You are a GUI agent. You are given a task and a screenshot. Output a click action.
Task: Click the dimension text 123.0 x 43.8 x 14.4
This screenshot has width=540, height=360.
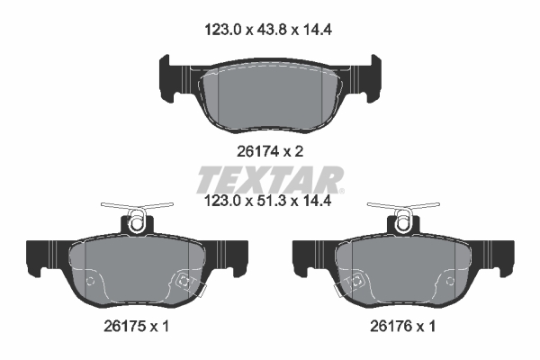click(x=268, y=30)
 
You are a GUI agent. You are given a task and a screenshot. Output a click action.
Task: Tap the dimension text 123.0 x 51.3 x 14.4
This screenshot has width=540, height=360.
click(x=267, y=201)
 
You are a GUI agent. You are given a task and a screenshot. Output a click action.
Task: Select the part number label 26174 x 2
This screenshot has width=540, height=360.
click(x=270, y=151)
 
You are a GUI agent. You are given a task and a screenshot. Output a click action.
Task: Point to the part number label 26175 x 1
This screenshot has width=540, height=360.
click(x=137, y=326)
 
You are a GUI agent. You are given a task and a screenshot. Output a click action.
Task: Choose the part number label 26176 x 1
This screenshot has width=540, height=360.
click(x=402, y=326)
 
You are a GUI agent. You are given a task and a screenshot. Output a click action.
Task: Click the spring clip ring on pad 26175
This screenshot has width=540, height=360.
click(x=136, y=223)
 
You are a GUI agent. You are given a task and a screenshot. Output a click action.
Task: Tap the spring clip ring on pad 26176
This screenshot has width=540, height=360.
click(x=403, y=223)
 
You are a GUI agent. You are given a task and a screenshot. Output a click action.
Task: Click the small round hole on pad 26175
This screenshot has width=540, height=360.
click(x=90, y=281)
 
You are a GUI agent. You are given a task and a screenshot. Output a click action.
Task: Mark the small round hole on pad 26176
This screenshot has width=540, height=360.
click(x=450, y=281)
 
